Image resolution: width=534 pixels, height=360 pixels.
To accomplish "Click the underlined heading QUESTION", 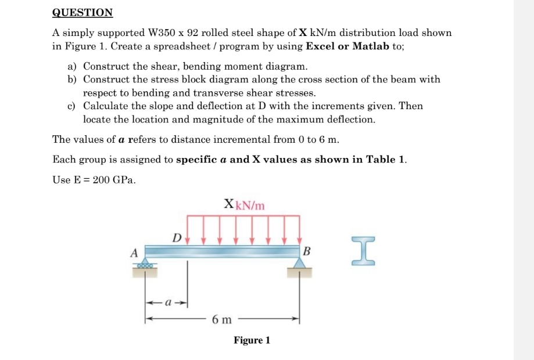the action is pos(83,12).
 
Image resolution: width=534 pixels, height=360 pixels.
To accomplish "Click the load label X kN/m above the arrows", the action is pos(244,204).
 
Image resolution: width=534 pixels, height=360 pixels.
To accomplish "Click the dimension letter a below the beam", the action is pos(166,303).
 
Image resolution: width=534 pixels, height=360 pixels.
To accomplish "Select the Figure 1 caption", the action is pos(252,340).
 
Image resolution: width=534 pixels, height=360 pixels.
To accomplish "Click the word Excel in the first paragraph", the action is pos(319,46).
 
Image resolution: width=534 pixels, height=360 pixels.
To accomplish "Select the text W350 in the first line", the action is pos(165,33).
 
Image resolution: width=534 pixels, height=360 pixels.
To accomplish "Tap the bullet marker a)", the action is pos(73,66).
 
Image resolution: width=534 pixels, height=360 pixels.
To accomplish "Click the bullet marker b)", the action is pos(73,80).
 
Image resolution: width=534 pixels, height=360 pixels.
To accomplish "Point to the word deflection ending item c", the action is pos(349,120).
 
